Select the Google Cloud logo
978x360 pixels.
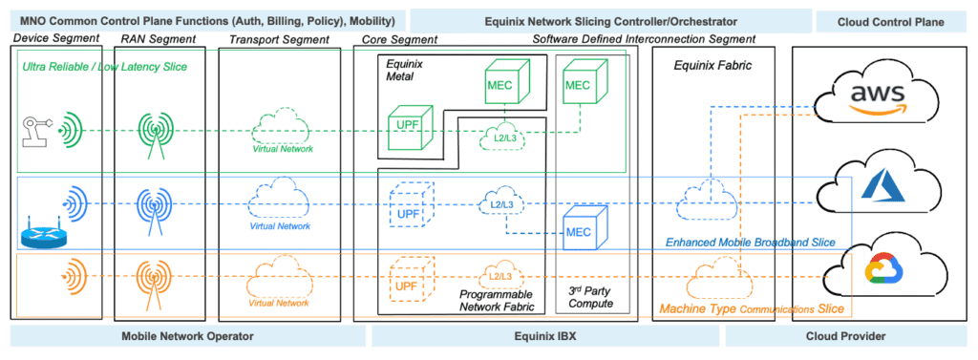click(881, 270)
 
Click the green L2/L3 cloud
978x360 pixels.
click(497, 138)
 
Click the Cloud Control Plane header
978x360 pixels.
click(893, 21)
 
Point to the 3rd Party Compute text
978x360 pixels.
click(585, 296)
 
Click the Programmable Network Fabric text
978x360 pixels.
click(494, 303)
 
